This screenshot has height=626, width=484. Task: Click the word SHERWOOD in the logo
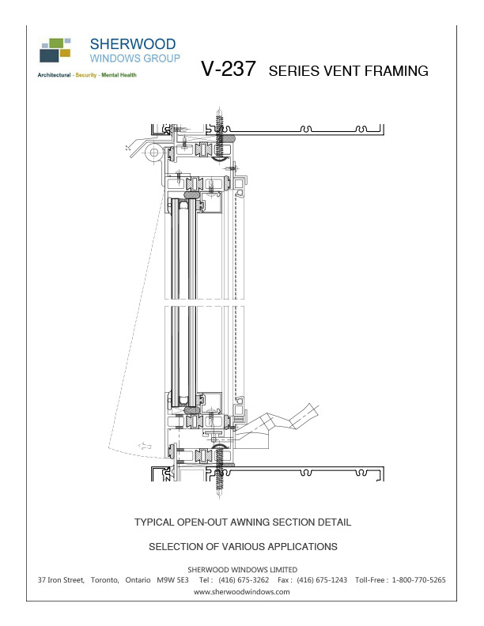click(x=133, y=43)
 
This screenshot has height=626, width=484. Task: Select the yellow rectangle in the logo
click(x=65, y=53)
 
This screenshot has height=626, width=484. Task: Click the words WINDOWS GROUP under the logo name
click(x=134, y=58)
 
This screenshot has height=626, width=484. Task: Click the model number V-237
click(x=229, y=70)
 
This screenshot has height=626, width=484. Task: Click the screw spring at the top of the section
click(x=219, y=123)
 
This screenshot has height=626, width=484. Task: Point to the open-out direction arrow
click(x=145, y=447)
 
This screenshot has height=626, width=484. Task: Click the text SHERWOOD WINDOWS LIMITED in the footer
click(x=242, y=569)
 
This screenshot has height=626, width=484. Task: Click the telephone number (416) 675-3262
click(x=244, y=580)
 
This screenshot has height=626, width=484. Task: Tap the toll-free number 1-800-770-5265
click(x=418, y=580)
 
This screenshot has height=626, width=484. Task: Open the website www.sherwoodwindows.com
click(x=242, y=591)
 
